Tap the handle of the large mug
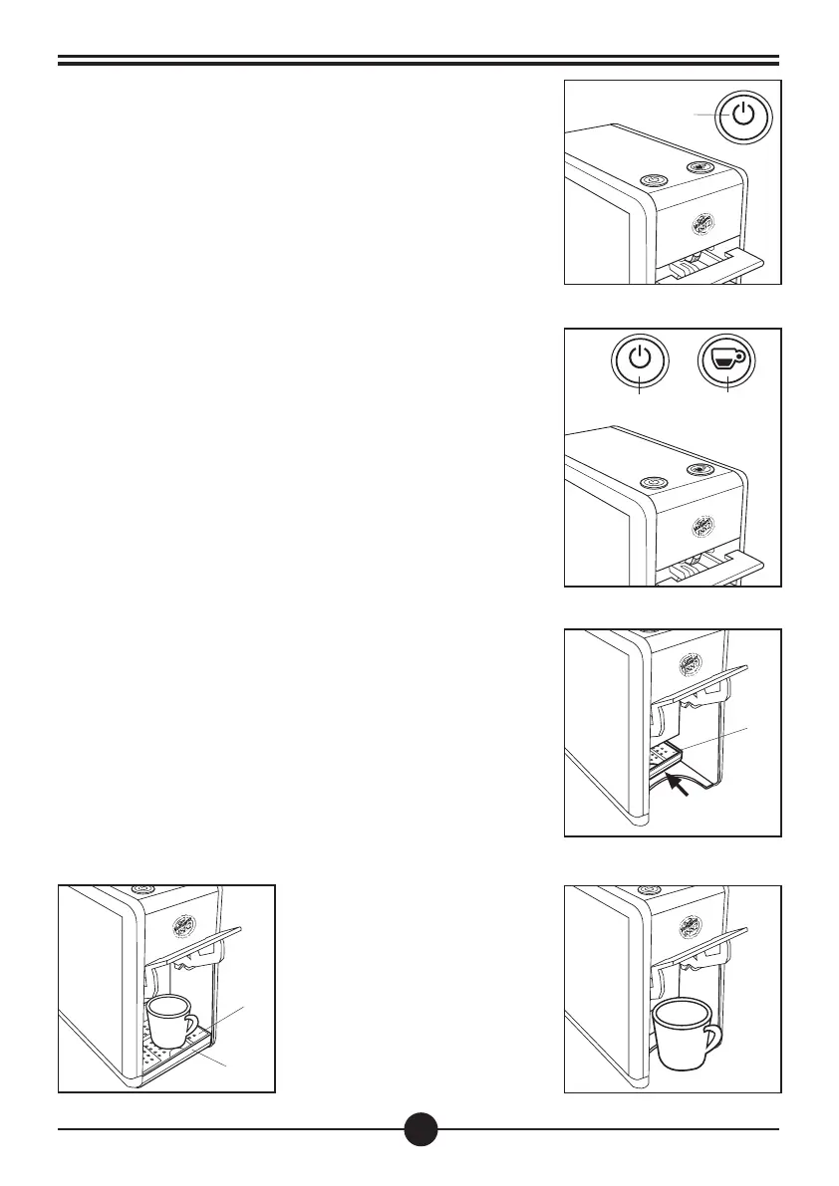click(711, 1040)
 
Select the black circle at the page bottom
click(421, 1129)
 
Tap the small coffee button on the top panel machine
click(700, 167)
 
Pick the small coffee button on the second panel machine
click(700, 469)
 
